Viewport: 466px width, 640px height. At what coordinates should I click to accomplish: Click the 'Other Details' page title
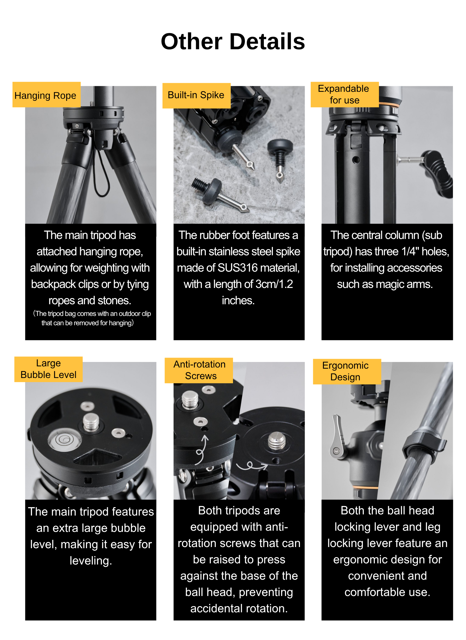point(233,41)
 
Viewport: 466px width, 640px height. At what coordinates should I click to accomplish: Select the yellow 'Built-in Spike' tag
point(196,95)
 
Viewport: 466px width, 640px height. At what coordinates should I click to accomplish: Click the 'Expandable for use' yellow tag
point(345,94)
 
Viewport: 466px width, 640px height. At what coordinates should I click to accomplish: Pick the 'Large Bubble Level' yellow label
point(48,369)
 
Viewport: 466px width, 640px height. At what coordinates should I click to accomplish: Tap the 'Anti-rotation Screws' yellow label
point(199,370)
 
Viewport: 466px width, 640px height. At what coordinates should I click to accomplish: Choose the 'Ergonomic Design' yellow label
point(347,371)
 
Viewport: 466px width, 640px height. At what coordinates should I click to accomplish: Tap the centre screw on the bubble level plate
point(91,422)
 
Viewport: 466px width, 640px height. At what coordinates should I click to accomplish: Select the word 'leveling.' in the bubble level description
point(91,560)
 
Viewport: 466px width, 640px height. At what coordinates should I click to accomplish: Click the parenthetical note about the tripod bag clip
point(91,318)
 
